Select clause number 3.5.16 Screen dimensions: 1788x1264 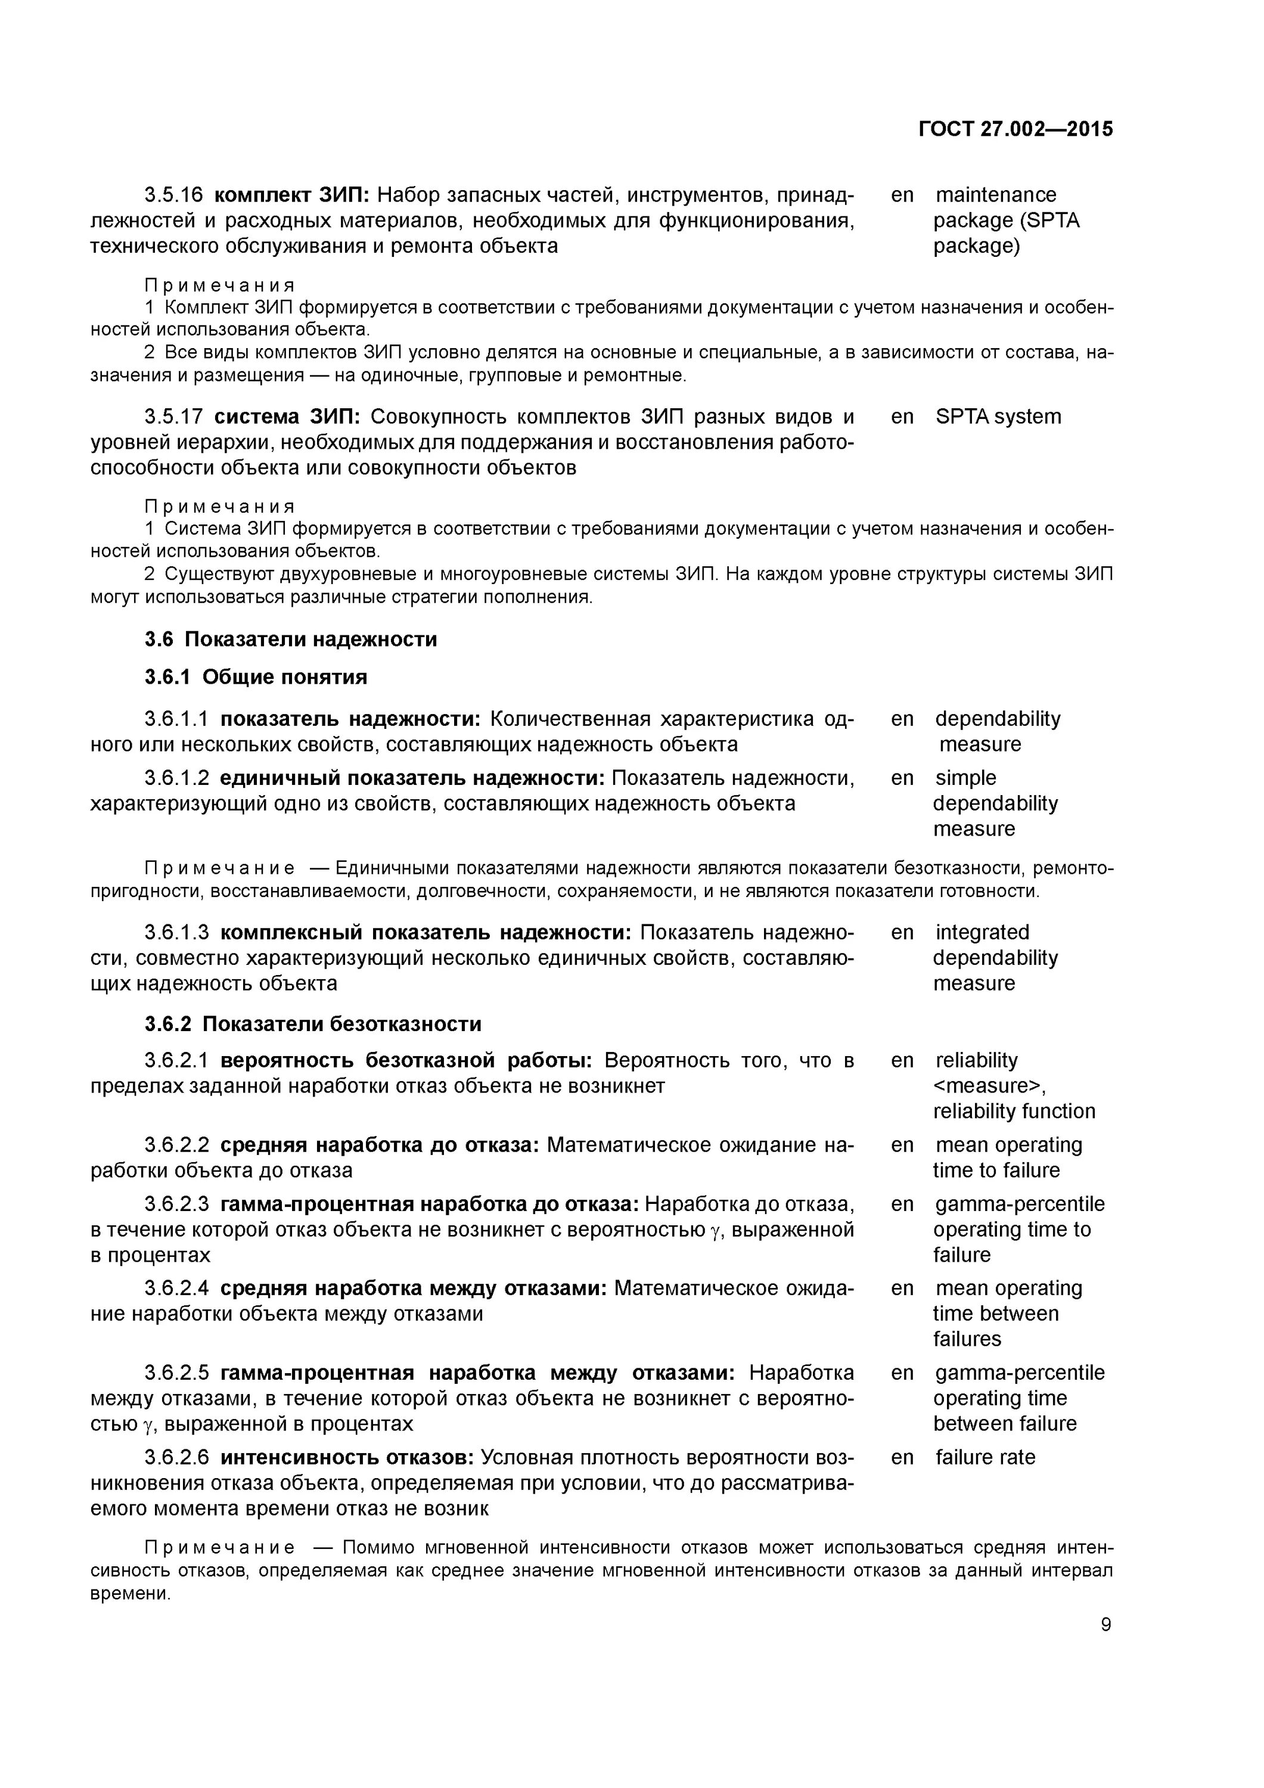coord(173,195)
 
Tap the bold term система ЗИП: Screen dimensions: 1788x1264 coord(287,417)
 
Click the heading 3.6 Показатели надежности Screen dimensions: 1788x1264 coord(290,640)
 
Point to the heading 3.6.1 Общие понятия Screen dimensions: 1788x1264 coord(256,676)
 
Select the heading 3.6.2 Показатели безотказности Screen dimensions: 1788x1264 coord(312,1023)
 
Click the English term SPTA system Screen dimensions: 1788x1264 coord(998,417)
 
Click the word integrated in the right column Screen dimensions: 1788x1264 coord(982,932)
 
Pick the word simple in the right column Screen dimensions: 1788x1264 coord(965,778)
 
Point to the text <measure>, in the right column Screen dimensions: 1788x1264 coord(989,1085)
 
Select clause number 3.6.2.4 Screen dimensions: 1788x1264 coord(177,1288)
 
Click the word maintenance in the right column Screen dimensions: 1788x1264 coord(995,195)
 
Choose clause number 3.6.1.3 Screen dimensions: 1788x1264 coord(177,932)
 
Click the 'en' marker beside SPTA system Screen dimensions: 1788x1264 coord(902,417)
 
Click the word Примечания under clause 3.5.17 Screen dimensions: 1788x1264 coord(220,507)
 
